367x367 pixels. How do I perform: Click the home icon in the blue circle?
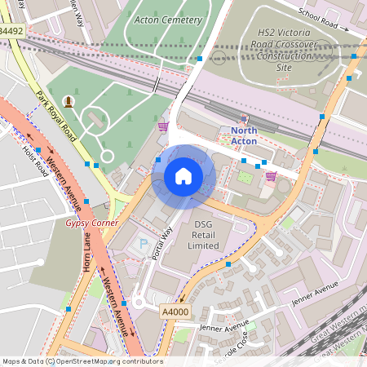pos(183,176)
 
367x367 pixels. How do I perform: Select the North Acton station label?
pos(243,135)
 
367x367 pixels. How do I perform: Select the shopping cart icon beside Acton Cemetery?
pos(163,126)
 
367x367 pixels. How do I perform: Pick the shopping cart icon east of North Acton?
pos(271,175)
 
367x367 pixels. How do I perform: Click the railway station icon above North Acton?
pos(244,118)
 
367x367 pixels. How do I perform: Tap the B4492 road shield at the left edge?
pos(10,30)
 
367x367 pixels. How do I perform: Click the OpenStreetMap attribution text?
pos(82,361)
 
